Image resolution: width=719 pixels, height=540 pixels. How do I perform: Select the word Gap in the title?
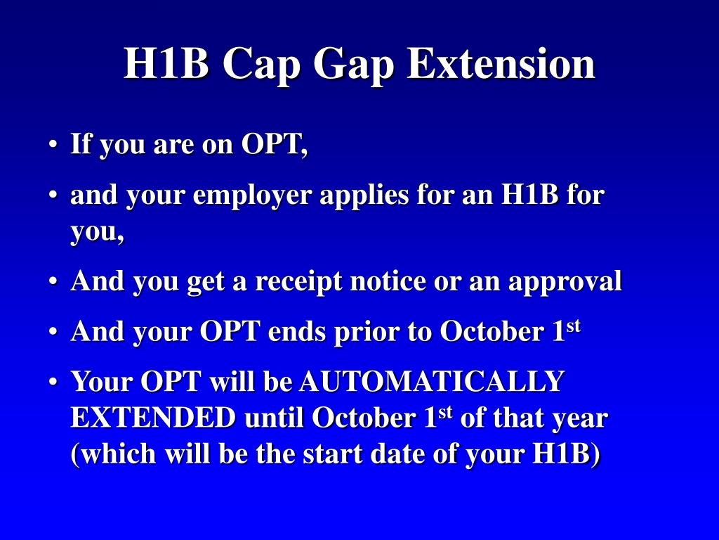(354, 65)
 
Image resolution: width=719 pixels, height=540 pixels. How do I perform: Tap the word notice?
(388, 281)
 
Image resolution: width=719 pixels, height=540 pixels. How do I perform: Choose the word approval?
(565, 281)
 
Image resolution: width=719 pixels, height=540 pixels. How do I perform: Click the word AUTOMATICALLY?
(432, 381)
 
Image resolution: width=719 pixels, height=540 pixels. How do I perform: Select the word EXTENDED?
(153, 418)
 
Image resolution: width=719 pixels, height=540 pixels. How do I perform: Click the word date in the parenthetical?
(397, 454)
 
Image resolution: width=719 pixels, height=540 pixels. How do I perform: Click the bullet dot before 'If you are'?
(53, 145)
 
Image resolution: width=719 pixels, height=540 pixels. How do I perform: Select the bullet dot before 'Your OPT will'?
(53, 382)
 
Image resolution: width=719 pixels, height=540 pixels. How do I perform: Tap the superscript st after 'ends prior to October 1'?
(573, 326)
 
